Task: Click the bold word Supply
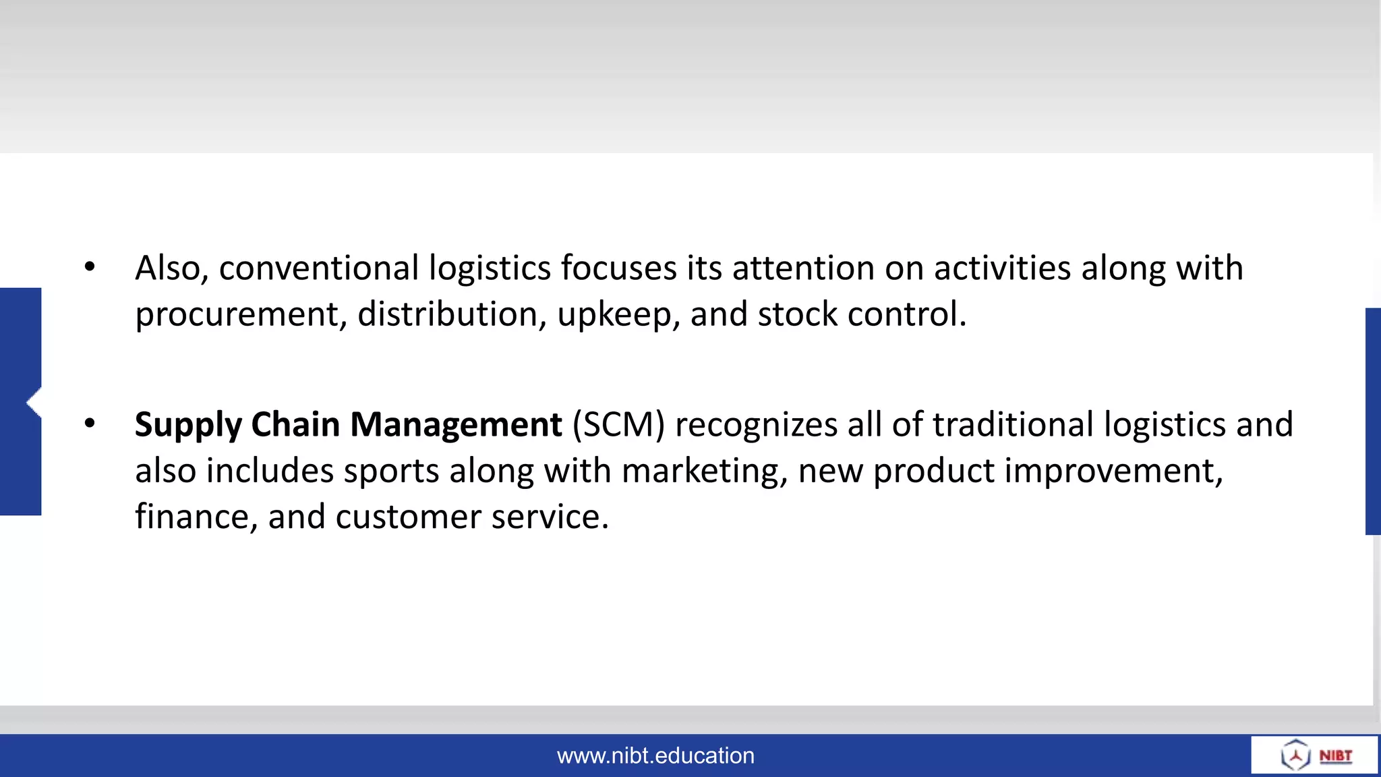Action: (x=188, y=426)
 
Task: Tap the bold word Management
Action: (x=456, y=425)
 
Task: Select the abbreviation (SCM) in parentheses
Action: (x=618, y=425)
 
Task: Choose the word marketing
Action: (x=704, y=471)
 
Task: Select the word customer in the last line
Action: (x=408, y=517)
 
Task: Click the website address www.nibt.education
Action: (x=655, y=756)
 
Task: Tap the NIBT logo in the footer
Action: (x=1316, y=755)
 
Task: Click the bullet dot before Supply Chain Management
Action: (x=90, y=424)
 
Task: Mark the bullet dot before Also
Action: (x=90, y=267)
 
